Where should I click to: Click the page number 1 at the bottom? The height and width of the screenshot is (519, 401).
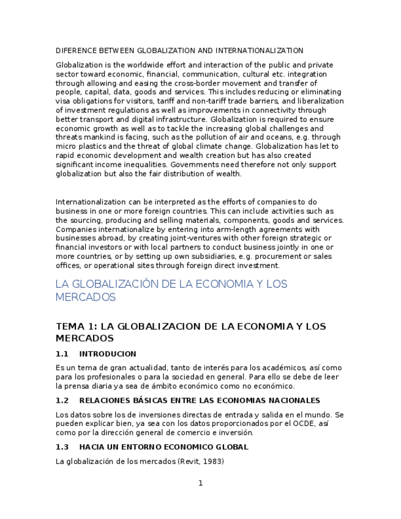(200, 484)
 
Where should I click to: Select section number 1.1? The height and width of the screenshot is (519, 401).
(62, 354)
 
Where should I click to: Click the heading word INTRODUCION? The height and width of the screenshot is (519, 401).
(108, 354)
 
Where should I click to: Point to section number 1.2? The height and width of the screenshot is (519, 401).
(62, 400)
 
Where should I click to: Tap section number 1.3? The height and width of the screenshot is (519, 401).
(62, 447)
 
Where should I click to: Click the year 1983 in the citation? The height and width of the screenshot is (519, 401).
(214, 461)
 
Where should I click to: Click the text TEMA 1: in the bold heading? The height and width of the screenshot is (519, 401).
(76, 326)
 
